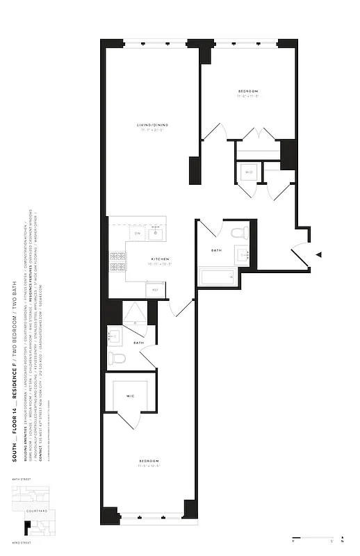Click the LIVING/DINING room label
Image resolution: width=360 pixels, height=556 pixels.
pos(153,125)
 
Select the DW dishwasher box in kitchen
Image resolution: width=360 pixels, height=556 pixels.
pos(138,234)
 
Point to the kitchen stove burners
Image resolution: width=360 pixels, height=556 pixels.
pos(116,261)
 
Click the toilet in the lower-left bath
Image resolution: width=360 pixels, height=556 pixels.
pos(117,359)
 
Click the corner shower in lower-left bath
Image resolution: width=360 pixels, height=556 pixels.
pos(135,314)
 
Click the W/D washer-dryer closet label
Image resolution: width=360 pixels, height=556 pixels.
pos(248,172)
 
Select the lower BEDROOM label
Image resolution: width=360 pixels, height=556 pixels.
pos(149,461)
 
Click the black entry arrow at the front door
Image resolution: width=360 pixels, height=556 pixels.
pos(318,255)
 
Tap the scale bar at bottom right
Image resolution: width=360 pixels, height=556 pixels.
pos(313,538)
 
